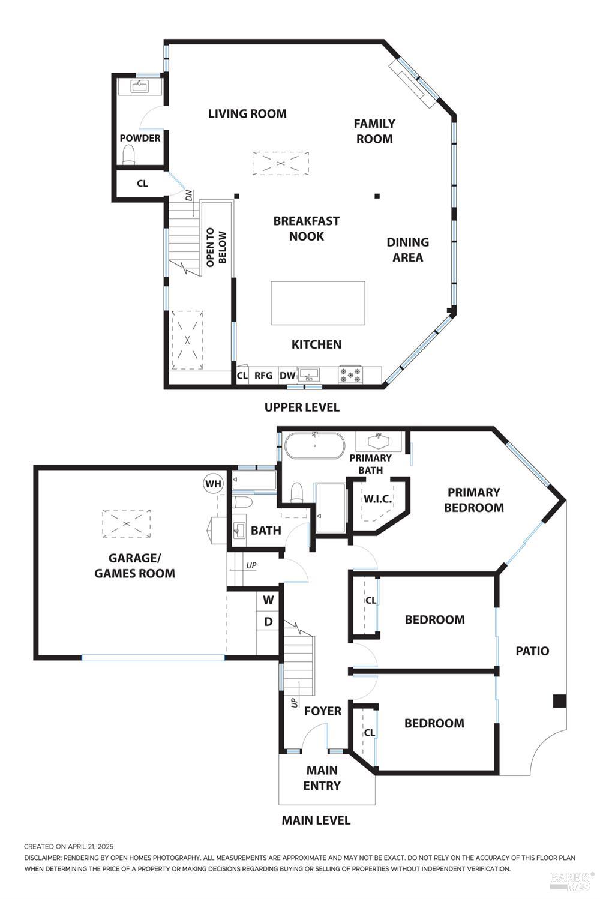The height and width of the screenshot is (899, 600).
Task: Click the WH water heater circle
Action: point(213,484)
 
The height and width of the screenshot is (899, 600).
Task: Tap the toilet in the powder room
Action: point(129,154)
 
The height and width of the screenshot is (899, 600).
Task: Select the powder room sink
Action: point(139,86)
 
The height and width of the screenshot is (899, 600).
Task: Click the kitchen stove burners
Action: point(351,374)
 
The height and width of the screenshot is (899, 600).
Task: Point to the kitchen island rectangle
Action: point(318,303)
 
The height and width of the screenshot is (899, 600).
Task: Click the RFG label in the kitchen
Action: point(263,376)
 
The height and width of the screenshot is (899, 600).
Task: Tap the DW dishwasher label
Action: point(287,376)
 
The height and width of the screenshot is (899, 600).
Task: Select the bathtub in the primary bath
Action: point(314,446)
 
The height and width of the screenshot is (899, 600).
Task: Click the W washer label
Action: point(268,600)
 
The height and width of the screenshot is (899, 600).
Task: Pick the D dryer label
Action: point(268,622)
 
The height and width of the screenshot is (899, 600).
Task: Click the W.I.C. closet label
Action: point(377,499)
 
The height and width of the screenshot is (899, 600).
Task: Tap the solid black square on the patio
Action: point(559,701)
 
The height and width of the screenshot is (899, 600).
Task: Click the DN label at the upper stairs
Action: point(189,196)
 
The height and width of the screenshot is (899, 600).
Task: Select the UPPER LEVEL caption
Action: point(302,407)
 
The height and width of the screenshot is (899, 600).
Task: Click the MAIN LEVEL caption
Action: point(316,820)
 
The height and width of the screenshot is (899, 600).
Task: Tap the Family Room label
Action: point(374,131)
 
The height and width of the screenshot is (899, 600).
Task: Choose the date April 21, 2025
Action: point(91,847)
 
